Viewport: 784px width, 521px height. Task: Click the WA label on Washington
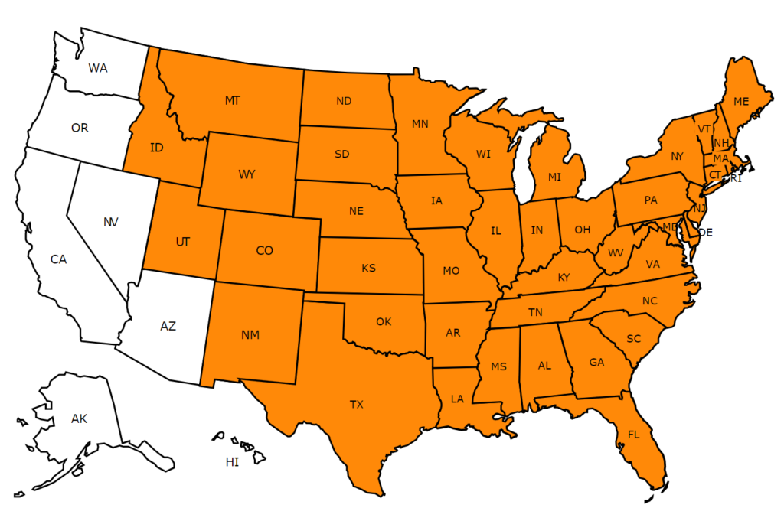point(97,68)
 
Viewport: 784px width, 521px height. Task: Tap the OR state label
point(80,128)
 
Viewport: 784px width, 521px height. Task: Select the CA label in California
point(59,259)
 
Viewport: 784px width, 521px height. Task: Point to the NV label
point(111,222)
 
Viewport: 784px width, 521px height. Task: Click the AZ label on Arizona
point(168,326)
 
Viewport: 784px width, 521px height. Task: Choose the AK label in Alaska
point(80,418)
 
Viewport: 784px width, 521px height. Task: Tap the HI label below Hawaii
point(232,461)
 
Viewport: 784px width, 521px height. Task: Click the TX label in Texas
point(357,404)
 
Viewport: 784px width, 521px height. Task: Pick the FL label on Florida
point(633,435)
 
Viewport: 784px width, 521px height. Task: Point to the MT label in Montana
point(233,100)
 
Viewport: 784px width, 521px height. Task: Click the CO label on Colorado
point(265,250)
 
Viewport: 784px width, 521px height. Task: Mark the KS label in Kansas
point(368,268)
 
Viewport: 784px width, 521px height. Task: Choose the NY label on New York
point(676,156)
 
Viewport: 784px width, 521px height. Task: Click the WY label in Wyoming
point(247,174)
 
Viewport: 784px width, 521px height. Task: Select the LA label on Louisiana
point(457,398)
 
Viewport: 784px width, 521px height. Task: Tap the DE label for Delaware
point(705,232)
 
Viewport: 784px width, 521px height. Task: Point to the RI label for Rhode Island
point(736,179)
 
